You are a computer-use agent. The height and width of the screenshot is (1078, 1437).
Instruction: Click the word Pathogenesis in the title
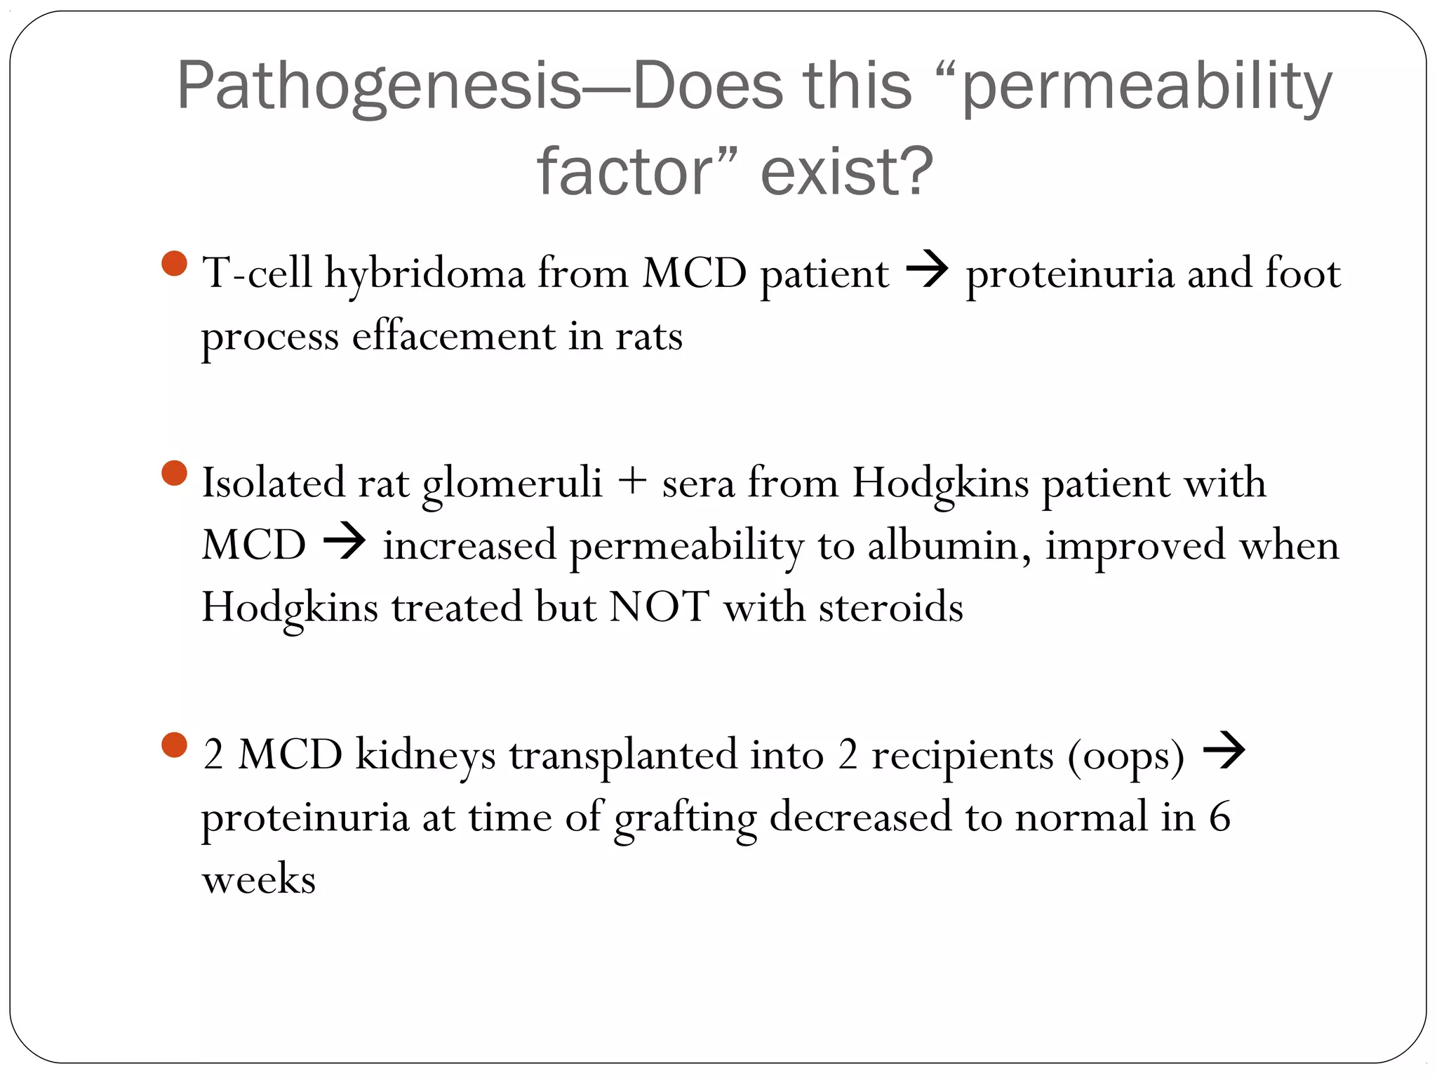[x=379, y=87]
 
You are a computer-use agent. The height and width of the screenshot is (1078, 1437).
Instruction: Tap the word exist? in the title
[x=847, y=172]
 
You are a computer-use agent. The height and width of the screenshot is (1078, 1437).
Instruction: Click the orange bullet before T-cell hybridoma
[x=174, y=264]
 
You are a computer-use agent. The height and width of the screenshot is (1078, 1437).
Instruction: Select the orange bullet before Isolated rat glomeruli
[x=174, y=473]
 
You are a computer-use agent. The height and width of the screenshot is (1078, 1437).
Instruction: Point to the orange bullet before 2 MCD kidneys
[x=174, y=745]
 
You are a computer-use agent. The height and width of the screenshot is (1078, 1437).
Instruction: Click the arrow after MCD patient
[x=927, y=270]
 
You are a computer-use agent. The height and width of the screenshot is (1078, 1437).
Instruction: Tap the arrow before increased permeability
[x=344, y=542]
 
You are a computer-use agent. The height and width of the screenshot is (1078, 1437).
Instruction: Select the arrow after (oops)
[x=1224, y=750]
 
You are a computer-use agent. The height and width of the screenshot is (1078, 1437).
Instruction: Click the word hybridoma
[x=425, y=274]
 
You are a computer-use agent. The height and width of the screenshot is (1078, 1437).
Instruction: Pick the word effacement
[x=453, y=336]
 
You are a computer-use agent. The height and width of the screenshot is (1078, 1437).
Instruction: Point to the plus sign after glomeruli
[x=632, y=482]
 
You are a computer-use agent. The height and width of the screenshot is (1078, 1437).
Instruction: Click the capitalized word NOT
[x=659, y=606]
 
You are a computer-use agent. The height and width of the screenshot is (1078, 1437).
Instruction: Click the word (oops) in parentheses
[x=1125, y=757]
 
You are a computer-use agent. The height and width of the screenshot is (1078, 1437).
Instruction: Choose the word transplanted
[x=623, y=755]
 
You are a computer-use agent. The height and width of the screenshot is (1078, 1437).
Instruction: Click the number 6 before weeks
[x=1219, y=817]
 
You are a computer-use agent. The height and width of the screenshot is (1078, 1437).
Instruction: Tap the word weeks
[x=259, y=879]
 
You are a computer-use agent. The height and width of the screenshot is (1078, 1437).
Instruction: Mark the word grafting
[x=686, y=818]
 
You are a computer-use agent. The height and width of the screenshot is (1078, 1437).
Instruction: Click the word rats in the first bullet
[x=649, y=336]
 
